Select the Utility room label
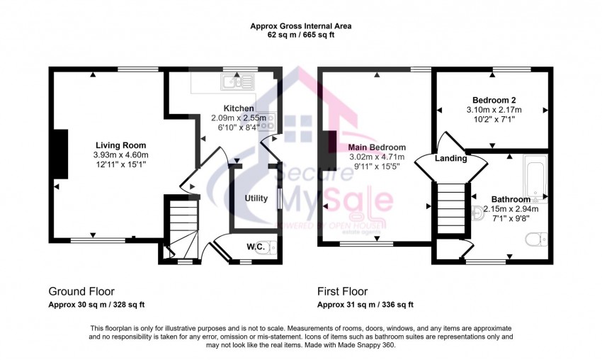[x=256, y=198]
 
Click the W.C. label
[x=256, y=247]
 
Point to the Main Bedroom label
[x=377, y=147]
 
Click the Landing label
[x=451, y=159]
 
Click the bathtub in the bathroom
[x=535, y=177]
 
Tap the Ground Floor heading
[x=81, y=291]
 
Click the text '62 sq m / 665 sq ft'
[x=300, y=35]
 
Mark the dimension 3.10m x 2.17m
[x=494, y=110]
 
